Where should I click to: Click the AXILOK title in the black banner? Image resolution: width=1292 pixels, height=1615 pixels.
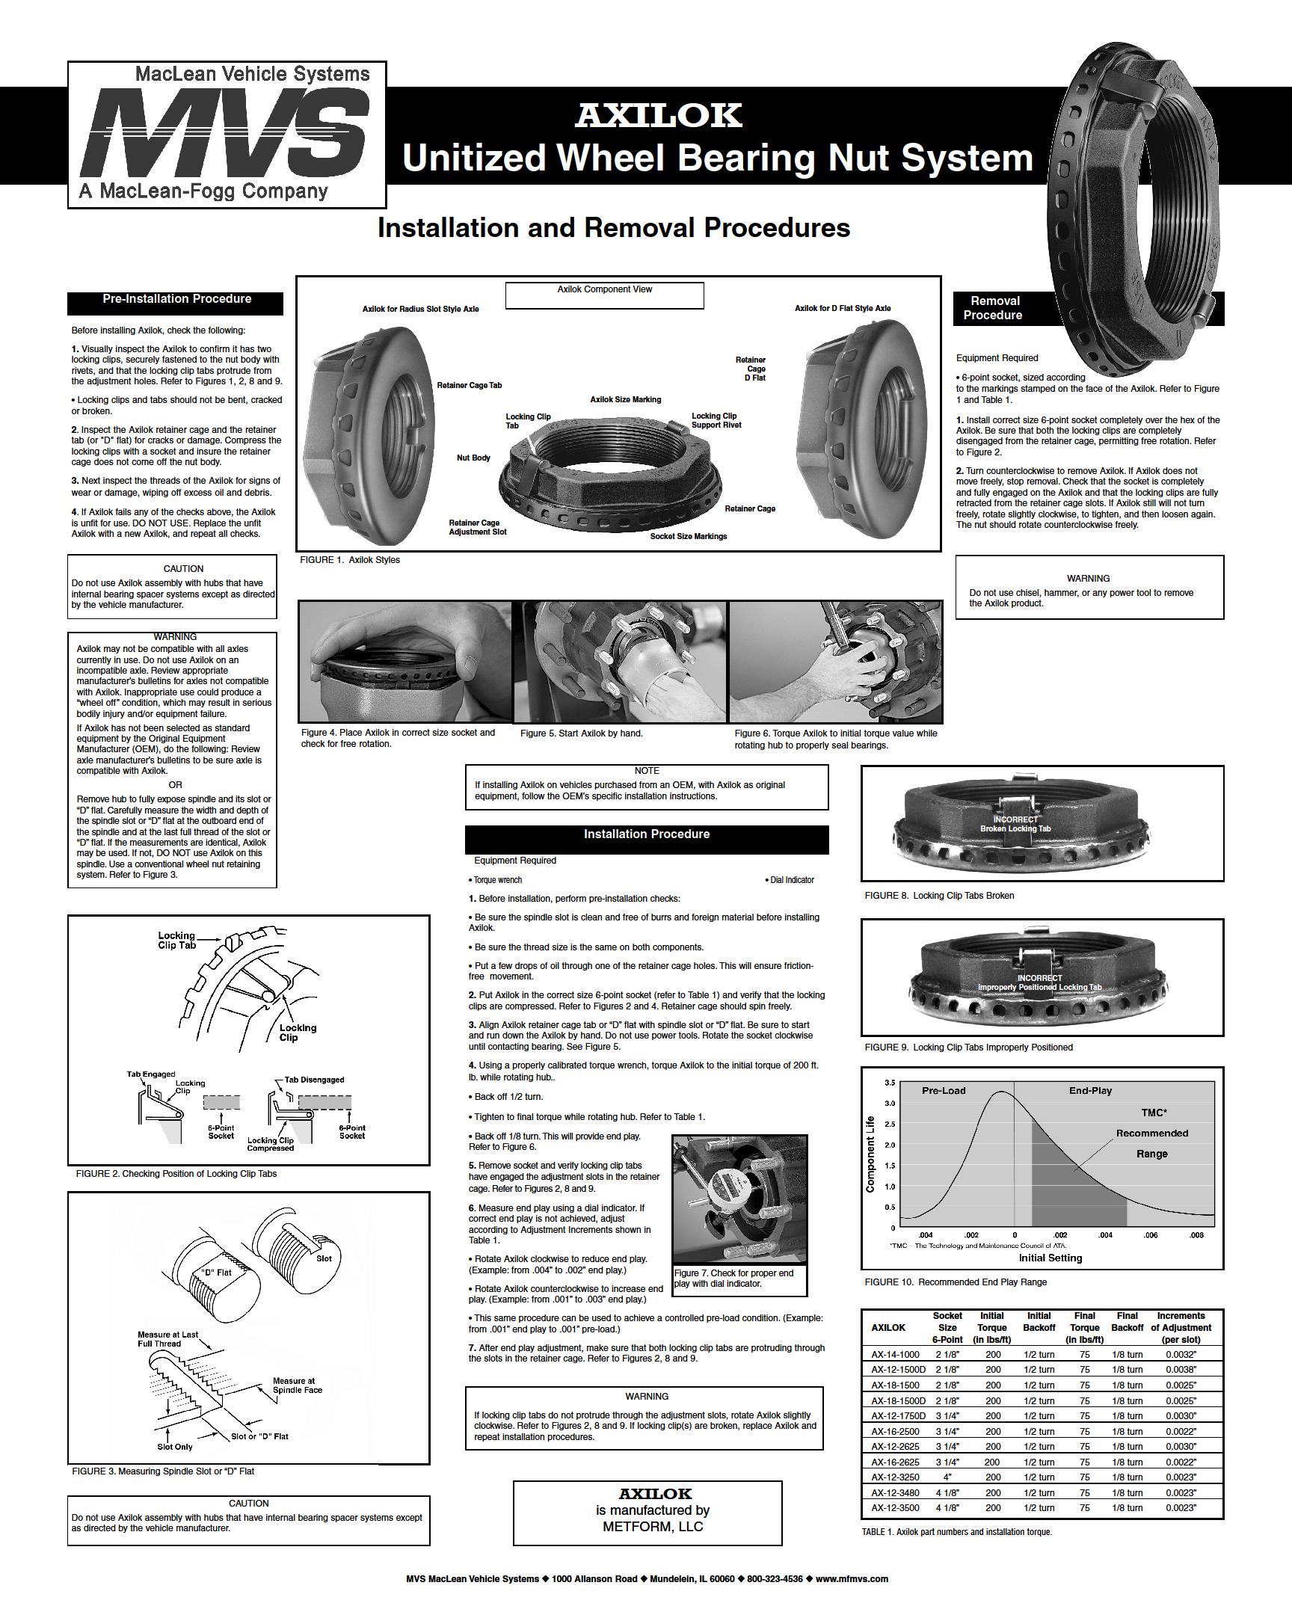click(x=659, y=115)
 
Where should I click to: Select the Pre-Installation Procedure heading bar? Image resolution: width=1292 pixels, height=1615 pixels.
click(x=176, y=300)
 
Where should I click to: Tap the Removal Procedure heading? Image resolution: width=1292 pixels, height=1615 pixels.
click(x=994, y=308)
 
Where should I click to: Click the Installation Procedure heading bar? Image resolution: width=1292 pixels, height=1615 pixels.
click(x=647, y=834)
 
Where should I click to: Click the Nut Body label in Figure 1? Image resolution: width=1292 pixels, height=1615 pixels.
click(x=473, y=458)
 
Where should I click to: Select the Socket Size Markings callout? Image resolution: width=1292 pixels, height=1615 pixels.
click(x=689, y=536)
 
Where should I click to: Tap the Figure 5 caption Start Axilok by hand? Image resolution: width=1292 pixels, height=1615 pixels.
click(x=581, y=733)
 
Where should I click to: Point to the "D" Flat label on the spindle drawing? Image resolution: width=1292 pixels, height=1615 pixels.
click(x=216, y=1272)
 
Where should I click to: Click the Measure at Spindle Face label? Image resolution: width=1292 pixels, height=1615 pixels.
click(x=298, y=1385)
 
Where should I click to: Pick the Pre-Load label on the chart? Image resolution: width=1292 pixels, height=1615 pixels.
click(x=944, y=1091)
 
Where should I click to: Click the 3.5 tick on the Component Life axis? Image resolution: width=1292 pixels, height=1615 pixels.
click(x=890, y=1083)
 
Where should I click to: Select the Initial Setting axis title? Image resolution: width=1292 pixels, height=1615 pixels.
click(x=1050, y=1258)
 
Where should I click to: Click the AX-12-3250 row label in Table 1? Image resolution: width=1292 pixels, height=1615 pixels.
click(x=895, y=1477)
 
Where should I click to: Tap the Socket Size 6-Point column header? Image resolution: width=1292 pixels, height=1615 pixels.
click(x=947, y=1327)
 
